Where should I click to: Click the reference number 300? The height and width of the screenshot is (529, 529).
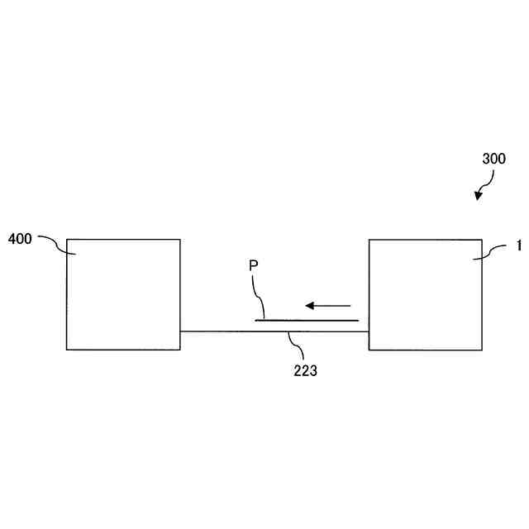tap(493, 158)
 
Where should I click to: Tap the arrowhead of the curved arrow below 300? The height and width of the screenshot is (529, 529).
tap(478, 198)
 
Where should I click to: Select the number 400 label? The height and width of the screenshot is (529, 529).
tap(20, 239)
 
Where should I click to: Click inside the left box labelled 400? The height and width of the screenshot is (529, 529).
tap(123, 294)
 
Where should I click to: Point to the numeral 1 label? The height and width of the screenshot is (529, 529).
tap(518, 246)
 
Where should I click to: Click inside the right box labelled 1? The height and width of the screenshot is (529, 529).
tap(425, 294)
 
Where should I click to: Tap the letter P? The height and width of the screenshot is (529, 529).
tap(254, 266)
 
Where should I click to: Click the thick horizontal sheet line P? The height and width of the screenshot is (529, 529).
tap(307, 320)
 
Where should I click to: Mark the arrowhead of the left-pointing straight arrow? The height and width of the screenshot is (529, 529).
tap(304, 303)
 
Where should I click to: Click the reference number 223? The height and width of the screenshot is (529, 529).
tap(305, 371)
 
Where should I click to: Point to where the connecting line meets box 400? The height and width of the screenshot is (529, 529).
tap(180, 331)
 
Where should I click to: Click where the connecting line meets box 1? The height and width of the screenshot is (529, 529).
tap(369, 331)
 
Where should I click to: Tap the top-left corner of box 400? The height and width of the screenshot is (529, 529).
tap(67, 240)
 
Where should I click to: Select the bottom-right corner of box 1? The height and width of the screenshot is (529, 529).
tap(481, 350)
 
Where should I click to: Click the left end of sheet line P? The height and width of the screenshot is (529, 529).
tap(255, 320)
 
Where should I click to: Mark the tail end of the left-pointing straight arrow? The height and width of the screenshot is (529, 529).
tap(351, 303)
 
